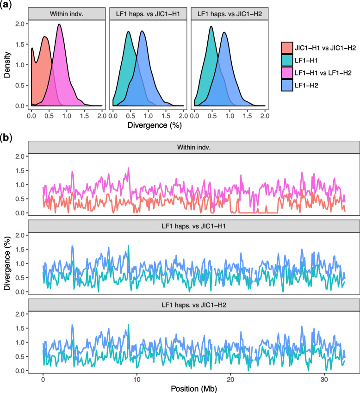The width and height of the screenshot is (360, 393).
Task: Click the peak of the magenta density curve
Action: [x=59, y=25]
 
